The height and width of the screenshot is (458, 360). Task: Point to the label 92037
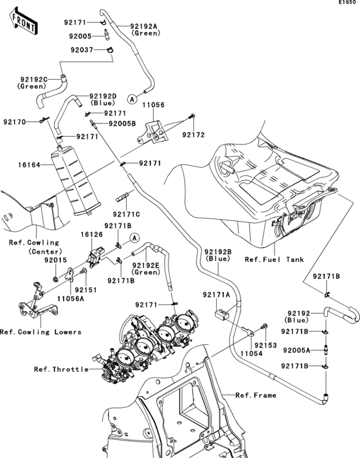coord(82,49)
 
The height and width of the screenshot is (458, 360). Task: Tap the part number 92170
coord(15,121)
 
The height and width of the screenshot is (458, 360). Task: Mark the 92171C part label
coord(127,214)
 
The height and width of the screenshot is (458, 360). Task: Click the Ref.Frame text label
coord(256,395)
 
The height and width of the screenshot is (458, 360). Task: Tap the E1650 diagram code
coord(348,4)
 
